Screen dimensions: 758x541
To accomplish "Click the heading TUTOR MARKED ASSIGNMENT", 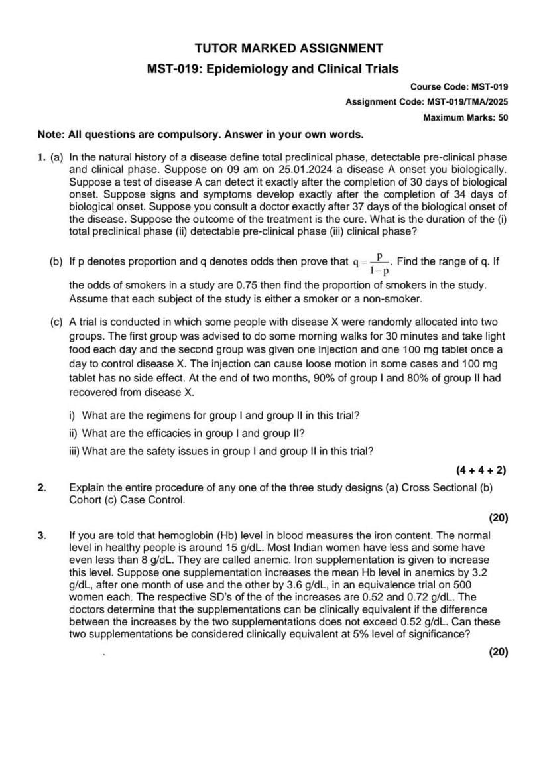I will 288,48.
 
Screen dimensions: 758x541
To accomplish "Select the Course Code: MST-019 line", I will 459,86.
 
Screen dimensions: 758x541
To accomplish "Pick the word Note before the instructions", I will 50,135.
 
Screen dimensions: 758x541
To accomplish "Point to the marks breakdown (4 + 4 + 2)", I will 481,470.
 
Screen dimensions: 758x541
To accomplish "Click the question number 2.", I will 42,488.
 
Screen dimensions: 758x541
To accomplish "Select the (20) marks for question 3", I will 498,651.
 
